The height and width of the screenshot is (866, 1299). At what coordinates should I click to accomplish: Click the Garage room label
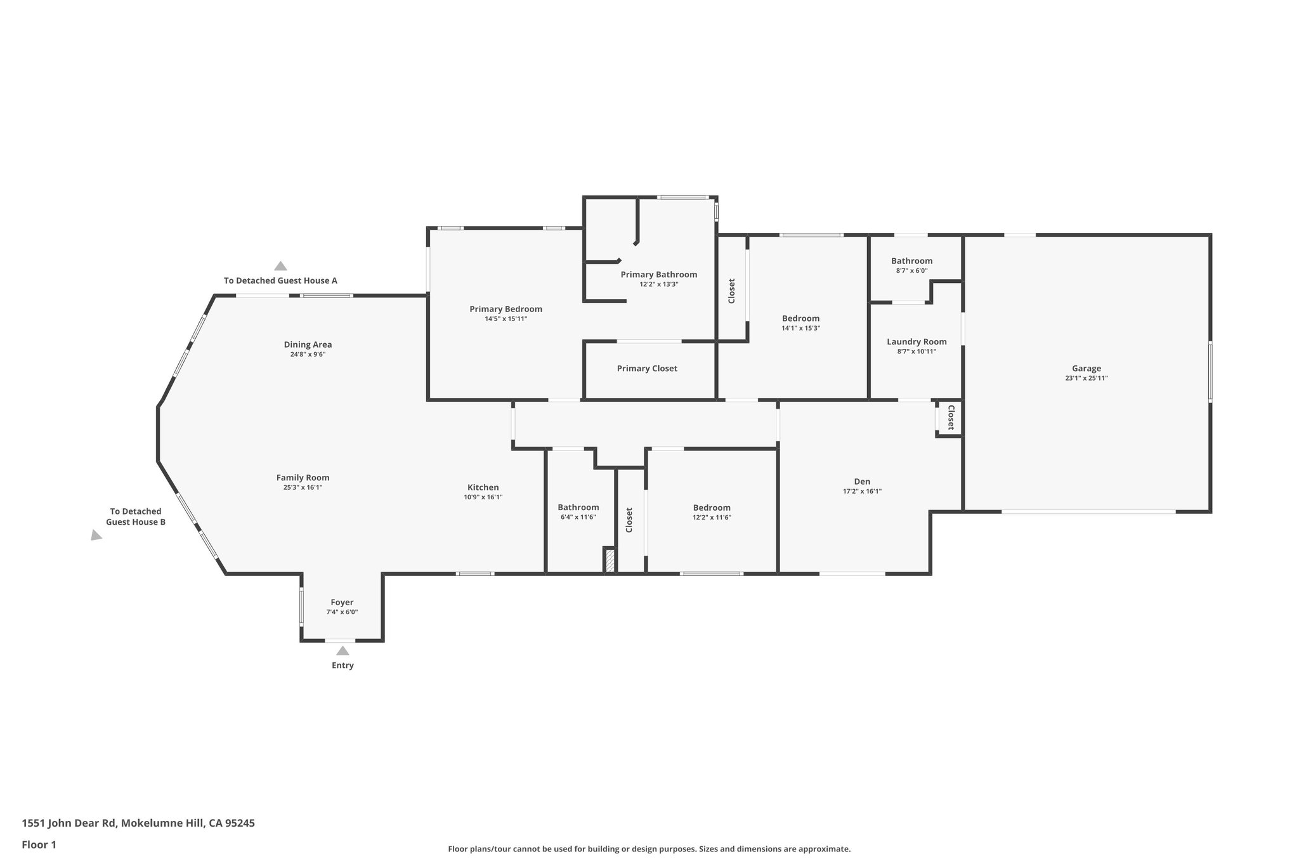(1086, 368)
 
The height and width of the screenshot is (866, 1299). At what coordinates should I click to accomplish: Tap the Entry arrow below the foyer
(343, 651)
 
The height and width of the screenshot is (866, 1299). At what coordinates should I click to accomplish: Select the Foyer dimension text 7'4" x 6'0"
(342, 612)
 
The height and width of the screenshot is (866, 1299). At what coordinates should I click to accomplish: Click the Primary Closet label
(647, 369)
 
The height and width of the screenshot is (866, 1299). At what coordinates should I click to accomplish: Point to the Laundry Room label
(917, 341)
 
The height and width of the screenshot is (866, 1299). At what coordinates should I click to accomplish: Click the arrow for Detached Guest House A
(280, 266)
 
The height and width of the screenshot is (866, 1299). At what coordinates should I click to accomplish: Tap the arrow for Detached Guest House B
(96, 535)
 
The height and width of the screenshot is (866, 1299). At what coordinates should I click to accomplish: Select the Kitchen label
(483, 487)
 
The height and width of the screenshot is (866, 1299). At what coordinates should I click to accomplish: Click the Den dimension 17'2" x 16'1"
(862, 491)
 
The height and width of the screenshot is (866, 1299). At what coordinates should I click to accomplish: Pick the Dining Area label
(308, 344)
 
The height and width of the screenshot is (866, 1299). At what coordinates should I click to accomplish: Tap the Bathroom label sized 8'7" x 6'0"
(911, 261)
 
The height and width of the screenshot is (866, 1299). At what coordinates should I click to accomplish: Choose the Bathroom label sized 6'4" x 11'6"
(578, 507)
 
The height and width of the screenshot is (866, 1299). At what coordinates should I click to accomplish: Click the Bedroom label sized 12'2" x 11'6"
(712, 508)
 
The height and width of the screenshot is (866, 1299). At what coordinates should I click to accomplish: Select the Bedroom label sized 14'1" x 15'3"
(800, 318)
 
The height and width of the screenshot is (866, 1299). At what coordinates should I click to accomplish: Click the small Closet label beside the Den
(951, 418)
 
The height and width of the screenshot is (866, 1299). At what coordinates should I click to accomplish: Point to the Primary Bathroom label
(658, 275)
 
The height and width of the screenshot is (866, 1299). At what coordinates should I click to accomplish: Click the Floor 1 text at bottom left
(39, 844)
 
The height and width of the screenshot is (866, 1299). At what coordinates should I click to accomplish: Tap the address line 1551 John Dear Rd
(138, 823)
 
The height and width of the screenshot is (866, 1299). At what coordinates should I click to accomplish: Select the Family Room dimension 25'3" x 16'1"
(303, 488)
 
